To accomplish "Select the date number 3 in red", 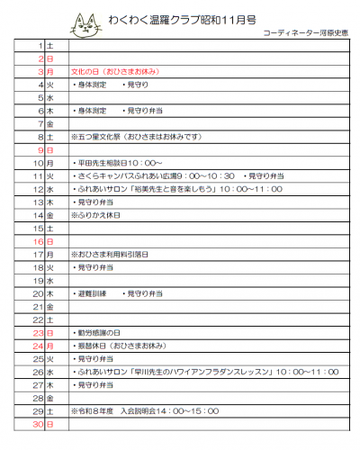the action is click(40, 69).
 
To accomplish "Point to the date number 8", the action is click(40, 136).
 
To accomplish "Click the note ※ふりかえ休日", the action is click(100, 215).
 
